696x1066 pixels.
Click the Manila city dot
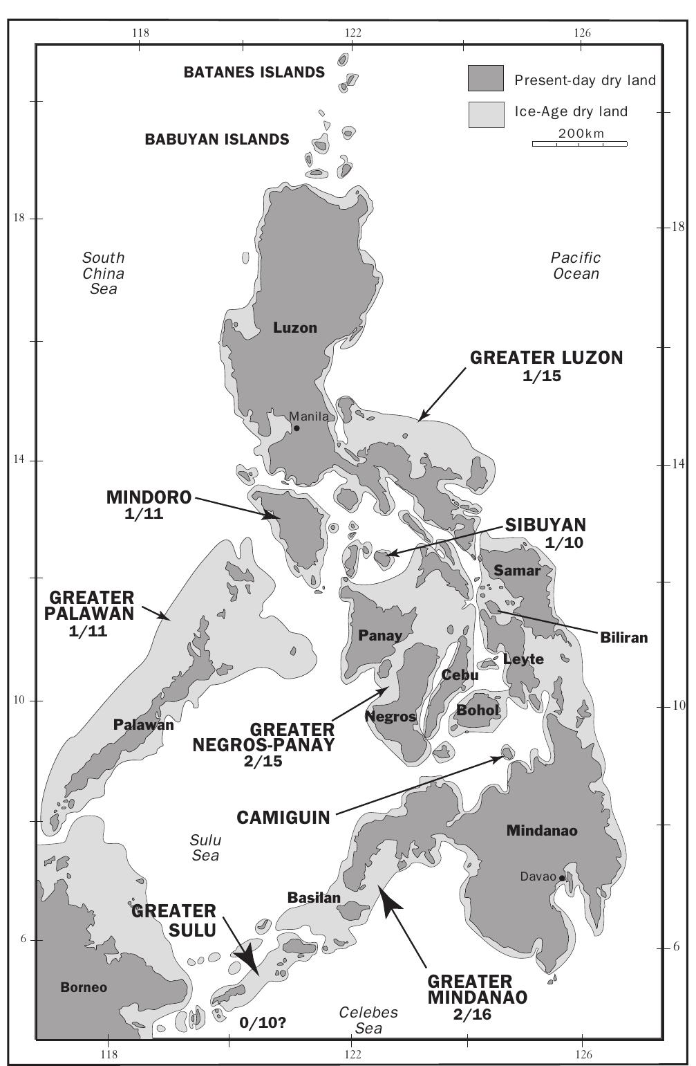point(297,428)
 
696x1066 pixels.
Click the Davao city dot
point(563,878)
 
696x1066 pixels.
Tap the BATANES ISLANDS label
point(254,73)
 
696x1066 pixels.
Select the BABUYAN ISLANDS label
point(216,140)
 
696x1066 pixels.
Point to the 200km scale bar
point(579,143)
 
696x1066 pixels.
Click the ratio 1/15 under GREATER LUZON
point(543,376)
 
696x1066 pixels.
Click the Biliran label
point(623,638)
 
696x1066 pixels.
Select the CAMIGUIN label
point(283,818)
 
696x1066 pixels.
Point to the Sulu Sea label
point(205,847)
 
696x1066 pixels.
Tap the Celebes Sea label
point(368,1020)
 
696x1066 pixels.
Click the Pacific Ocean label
point(576,265)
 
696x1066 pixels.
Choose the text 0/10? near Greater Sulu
point(263,1023)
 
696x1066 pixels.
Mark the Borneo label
point(84,987)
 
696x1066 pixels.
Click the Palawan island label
point(143,726)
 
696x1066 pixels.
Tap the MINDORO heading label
point(149,497)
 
